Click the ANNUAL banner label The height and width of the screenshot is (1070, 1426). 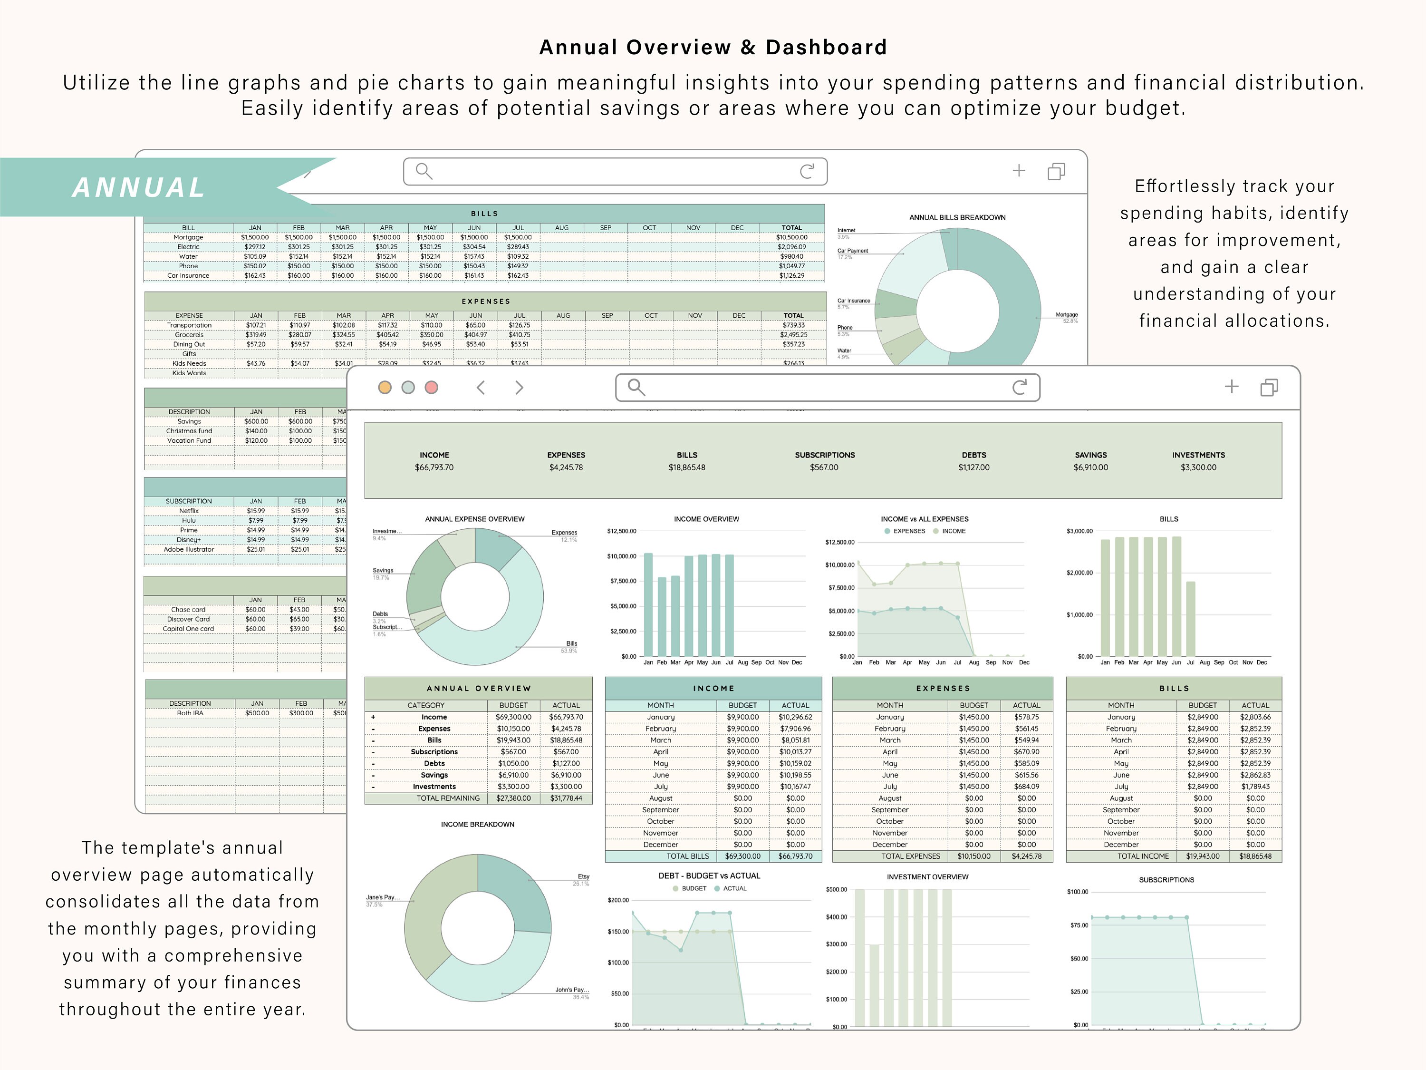point(139,188)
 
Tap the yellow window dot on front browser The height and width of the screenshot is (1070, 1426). point(385,387)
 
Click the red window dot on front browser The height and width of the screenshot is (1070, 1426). point(431,387)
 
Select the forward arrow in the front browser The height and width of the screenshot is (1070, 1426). point(519,387)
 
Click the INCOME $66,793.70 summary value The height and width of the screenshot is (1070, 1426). point(434,467)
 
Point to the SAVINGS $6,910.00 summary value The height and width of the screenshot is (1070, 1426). point(1090,467)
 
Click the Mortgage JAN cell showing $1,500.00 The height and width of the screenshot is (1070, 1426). point(255,237)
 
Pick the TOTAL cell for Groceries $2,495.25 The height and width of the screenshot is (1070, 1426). point(793,335)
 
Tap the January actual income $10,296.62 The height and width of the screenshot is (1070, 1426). point(795,717)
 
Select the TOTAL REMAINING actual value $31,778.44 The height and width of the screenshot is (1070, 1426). point(565,798)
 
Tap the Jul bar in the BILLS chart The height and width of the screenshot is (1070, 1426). point(1191,619)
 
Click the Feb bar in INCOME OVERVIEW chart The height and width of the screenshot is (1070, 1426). point(662,616)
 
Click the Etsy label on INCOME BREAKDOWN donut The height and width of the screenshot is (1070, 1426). point(583,876)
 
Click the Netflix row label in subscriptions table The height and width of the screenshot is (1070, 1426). point(188,511)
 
